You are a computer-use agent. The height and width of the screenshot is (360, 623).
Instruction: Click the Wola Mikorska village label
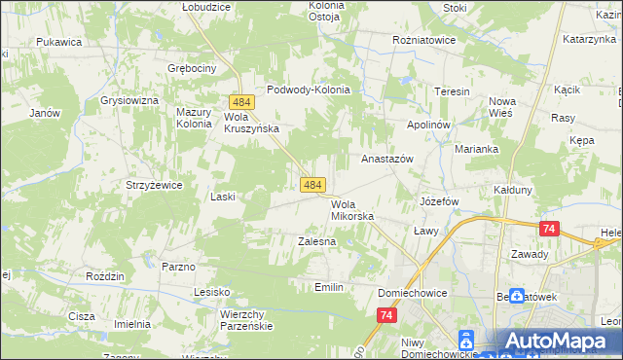coord(351,210)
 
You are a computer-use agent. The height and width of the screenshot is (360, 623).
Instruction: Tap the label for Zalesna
coord(316,239)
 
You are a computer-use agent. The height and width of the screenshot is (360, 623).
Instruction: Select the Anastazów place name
coord(387,158)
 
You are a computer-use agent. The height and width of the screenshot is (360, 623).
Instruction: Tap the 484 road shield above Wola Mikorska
coord(311,184)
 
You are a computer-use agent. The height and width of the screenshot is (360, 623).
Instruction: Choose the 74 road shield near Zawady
coord(549,229)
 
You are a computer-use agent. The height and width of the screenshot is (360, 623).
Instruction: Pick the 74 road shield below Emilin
coord(387,315)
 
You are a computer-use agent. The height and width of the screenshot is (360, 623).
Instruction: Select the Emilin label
coord(329,287)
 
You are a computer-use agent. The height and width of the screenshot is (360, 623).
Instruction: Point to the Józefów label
coord(438,201)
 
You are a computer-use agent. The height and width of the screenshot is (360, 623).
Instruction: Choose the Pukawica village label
coord(58,42)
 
